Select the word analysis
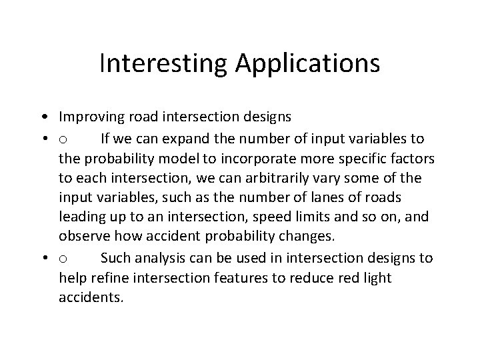pyautogui.click(x=163, y=259)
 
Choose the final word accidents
pyautogui.click(x=91, y=297)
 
